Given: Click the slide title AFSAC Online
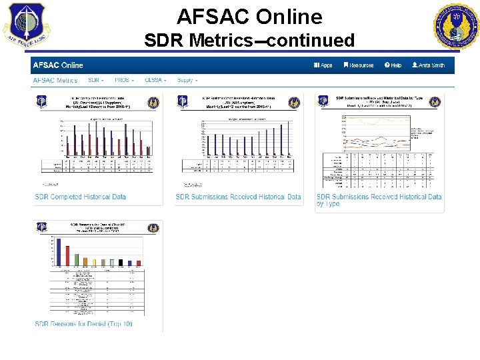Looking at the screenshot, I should pyautogui.click(x=249, y=16).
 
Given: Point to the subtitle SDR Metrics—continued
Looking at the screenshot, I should pyautogui.click(x=249, y=41).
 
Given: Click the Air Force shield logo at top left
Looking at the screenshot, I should pyautogui.click(x=24, y=25).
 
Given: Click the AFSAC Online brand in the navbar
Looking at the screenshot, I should pyautogui.click(x=58, y=65).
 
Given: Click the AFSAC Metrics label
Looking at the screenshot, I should pyautogui.click(x=55, y=80).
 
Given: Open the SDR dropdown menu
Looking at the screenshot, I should pyautogui.click(x=95, y=80).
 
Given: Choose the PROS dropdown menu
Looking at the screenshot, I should pyautogui.click(x=124, y=80).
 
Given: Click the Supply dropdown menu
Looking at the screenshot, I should pyautogui.click(x=187, y=80).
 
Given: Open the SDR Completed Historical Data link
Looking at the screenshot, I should pyautogui.click(x=80, y=197).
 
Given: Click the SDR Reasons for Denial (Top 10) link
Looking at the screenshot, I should pyautogui.click(x=83, y=324).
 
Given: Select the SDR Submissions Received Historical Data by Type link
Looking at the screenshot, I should pyautogui.click(x=379, y=200).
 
